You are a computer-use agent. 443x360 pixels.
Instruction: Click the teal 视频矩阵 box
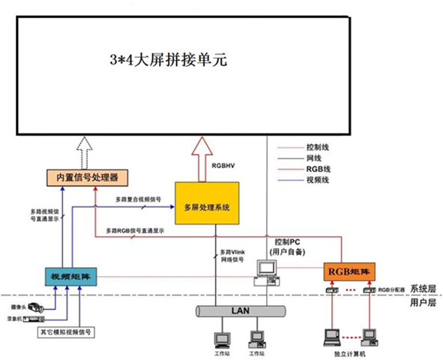(x=64, y=275)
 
